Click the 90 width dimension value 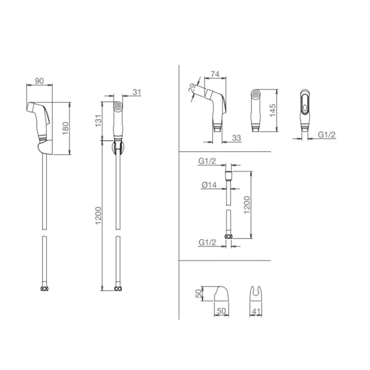pos(39,81)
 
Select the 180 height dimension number pos(65,128)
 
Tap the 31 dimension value pos(137,92)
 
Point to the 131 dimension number pos(98,121)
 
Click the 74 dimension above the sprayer pos(215,74)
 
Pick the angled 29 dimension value pos(192,88)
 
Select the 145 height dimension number pos(272,110)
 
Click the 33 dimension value pos(236,138)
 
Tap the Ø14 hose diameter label pos(209,185)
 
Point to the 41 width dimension pos(256,312)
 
